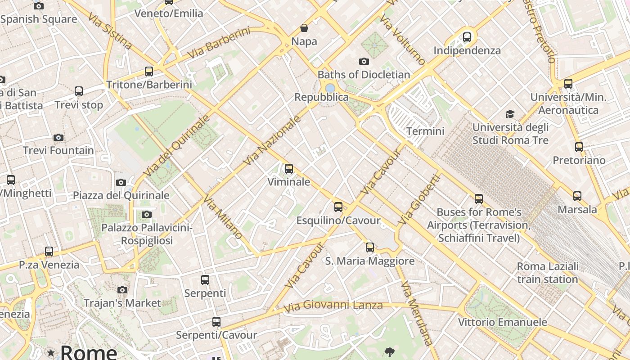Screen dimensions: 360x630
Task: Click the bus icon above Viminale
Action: [289, 169]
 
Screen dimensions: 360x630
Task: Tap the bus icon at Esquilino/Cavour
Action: [338, 207]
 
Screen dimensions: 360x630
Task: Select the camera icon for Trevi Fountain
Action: [58, 137]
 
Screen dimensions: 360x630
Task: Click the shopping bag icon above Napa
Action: [304, 28]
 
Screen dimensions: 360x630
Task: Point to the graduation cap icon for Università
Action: [510, 114]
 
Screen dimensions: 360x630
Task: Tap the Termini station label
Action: [425, 131]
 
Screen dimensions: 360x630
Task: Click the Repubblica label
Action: [321, 97]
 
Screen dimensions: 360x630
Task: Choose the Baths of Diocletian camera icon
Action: [364, 61]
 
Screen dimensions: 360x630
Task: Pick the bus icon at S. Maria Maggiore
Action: [370, 247]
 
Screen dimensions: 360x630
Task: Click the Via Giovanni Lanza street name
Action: [333, 306]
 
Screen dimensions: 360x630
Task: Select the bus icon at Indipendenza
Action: [467, 37]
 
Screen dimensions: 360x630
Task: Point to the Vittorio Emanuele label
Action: [502, 322]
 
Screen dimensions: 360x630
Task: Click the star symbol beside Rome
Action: [51, 353]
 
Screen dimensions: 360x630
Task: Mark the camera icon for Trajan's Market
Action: [122, 290]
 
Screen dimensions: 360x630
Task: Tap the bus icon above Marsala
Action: [577, 196]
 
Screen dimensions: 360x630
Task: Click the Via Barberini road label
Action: [219, 43]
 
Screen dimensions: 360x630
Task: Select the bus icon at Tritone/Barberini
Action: [149, 71]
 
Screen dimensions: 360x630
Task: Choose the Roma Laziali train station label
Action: [547, 273]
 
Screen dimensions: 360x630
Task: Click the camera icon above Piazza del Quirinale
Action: [121, 182]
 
